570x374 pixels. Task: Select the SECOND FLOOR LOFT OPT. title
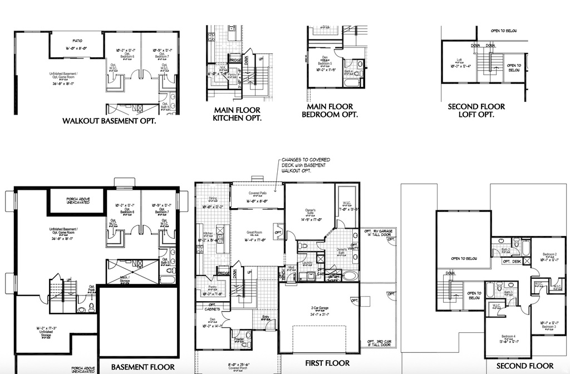pos(476,110)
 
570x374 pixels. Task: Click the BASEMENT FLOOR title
pos(142,367)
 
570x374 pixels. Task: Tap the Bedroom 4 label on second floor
pos(508,336)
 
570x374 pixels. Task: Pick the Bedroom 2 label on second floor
pos(548,254)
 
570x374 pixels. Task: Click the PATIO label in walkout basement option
pos(77,41)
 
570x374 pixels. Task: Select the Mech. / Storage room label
pos(125,279)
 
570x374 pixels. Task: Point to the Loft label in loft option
pos(460,60)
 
